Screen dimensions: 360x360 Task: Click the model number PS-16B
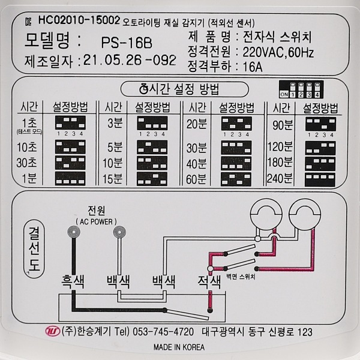tap(127, 43)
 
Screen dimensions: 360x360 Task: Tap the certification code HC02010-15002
tap(79, 20)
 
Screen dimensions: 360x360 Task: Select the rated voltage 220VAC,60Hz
tap(278, 53)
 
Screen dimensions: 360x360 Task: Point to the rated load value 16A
tap(253, 67)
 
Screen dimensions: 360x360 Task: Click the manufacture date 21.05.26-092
tap(130, 61)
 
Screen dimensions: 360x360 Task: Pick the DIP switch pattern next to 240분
tap(320, 179)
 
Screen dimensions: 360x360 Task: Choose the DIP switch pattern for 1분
tap(70, 179)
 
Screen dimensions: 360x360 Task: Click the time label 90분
tap(283, 125)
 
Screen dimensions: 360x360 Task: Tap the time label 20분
tap(197, 124)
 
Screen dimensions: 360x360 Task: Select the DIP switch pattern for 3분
tap(152, 123)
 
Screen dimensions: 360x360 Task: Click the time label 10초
tap(26, 147)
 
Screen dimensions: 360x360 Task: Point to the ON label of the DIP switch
tap(284, 94)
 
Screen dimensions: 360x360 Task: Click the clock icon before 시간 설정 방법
tap(144, 89)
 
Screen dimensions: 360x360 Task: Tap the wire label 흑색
tap(73, 282)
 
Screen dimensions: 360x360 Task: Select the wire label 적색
tap(209, 282)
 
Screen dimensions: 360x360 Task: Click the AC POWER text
tap(96, 222)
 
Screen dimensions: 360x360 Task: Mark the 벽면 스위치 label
tap(241, 277)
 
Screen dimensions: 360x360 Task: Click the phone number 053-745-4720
tap(163, 332)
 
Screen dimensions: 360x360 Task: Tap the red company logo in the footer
tap(53, 331)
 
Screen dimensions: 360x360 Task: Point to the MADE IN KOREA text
tap(179, 347)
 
